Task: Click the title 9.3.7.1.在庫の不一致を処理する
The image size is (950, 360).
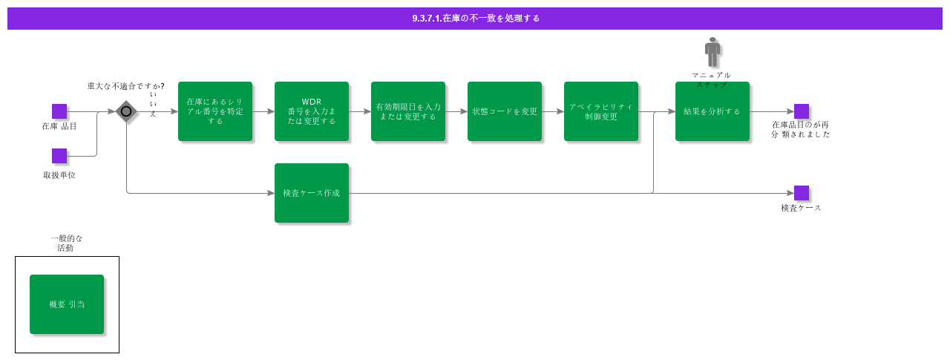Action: (476, 19)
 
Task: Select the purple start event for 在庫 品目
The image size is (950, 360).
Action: (59, 111)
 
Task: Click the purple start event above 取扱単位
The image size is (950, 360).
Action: (59, 156)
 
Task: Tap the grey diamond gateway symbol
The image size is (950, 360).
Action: (126, 111)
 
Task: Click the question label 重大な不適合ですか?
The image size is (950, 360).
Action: (125, 86)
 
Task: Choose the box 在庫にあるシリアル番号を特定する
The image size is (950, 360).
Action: (215, 111)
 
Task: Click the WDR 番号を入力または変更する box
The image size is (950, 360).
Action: (312, 111)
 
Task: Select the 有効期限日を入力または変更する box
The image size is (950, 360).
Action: (408, 111)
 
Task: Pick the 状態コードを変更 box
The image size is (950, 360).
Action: (505, 111)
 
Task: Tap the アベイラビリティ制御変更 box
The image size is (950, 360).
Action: (601, 111)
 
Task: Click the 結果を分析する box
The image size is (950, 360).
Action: (712, 111)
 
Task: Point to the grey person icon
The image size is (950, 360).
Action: (712, 52)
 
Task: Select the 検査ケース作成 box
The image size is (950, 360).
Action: (312, 193)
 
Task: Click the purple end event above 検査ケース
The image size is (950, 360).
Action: (802, 193)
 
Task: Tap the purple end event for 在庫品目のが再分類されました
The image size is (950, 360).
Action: (802, 111)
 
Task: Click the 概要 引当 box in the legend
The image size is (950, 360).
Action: (67, 304)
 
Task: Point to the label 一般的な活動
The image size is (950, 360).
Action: (66, 243)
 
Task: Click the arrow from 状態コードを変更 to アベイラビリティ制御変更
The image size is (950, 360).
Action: (553, 111)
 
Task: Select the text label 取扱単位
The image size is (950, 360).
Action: (59, 175)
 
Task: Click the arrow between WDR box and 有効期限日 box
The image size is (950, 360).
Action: (360, 111)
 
